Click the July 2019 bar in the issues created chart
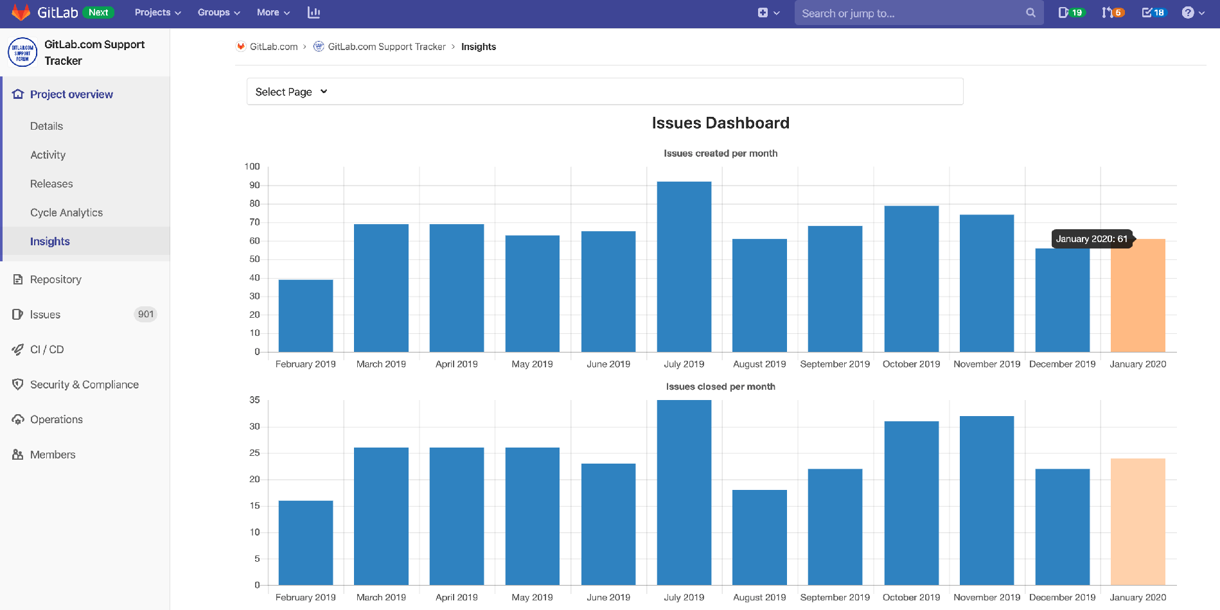click(684, 266)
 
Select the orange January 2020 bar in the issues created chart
click(1138, 295)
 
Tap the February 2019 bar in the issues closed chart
click(305, 543)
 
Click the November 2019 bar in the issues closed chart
click(986, 500)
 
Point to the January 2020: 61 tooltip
click(1091, 239)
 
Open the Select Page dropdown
click(292, 92)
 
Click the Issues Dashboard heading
click(720, 123)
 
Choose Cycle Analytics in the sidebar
click(66, 213)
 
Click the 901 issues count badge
click(146, 314)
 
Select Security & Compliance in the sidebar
click(84, 385)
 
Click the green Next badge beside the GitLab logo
click(98, 12)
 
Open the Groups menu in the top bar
click(218, 12)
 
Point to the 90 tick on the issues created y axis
click(255, 185)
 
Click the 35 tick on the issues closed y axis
click(255, 400)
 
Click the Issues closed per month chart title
click(720, 387)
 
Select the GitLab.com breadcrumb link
click(273, 47)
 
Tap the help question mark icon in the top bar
click(1188, 12)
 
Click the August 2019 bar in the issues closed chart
click(759, 537)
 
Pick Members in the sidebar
click(53, 455)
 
